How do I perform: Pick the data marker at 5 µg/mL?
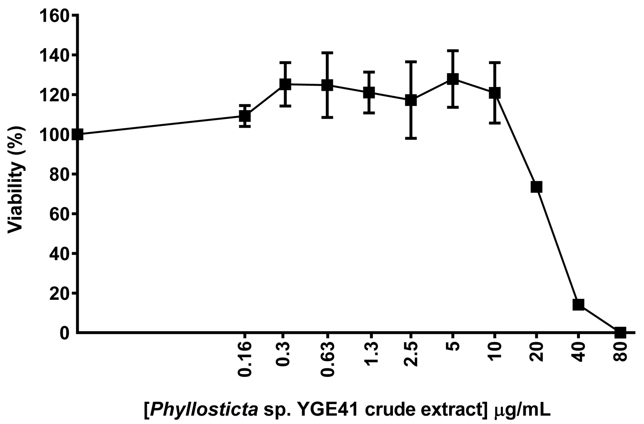coord(453,79)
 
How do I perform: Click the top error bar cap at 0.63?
coord(327,52)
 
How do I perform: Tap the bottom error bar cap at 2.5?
coord(411,138)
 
